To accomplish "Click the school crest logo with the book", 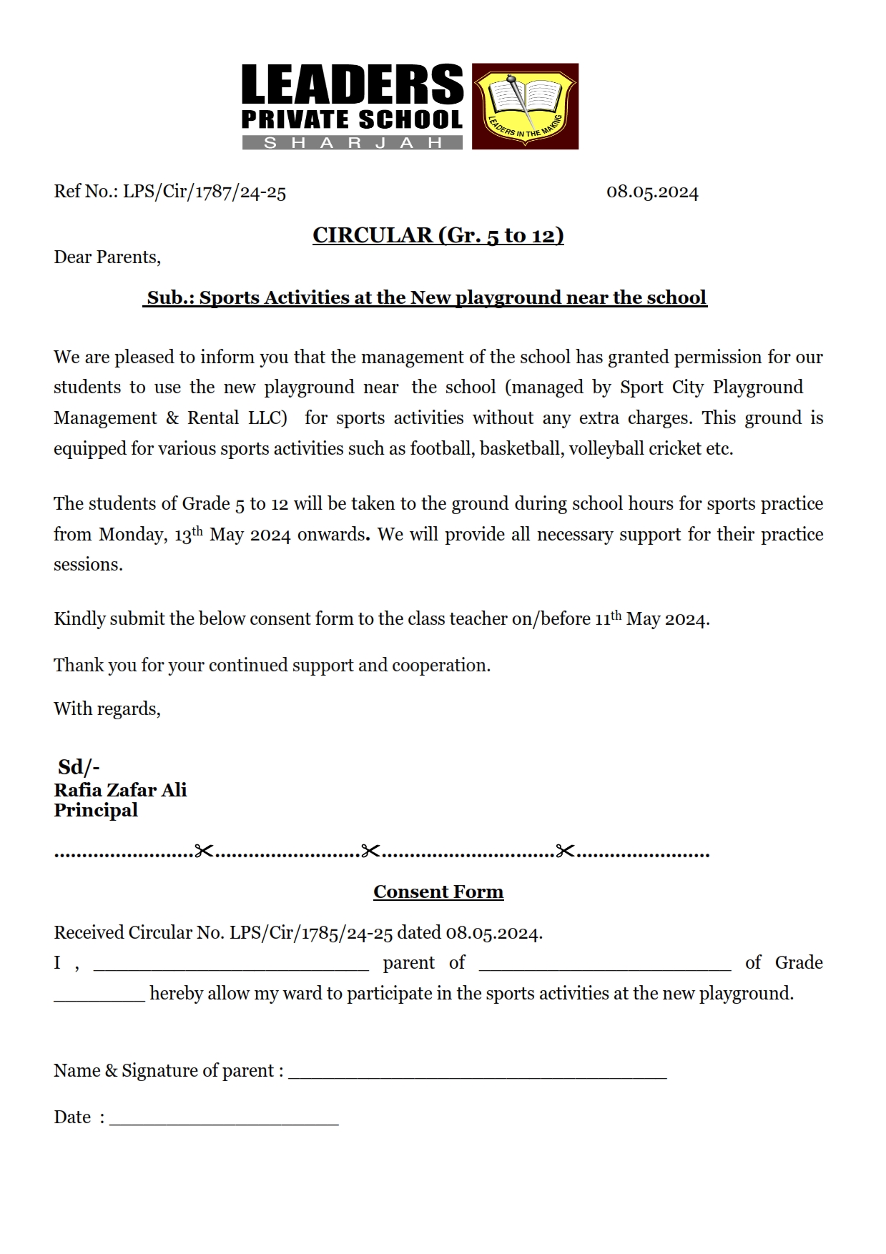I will pos(525,106).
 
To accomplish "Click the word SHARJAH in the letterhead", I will pos(353,143).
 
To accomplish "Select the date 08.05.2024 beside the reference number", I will pos(652,192).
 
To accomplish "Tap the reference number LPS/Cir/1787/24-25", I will pos(205,192).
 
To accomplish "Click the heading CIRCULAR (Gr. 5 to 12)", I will pos(438,235).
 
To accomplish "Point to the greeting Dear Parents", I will pos(107,257).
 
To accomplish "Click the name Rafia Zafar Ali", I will pos(120,790).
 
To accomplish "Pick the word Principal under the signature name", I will pos(96,811).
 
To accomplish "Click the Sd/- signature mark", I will pos(79,767).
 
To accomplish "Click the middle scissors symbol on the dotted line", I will pos(370,851).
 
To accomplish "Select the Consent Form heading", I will pos(438,892).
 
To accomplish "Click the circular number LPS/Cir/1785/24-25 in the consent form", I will pos(311,933).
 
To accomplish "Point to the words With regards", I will pos(107,709).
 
